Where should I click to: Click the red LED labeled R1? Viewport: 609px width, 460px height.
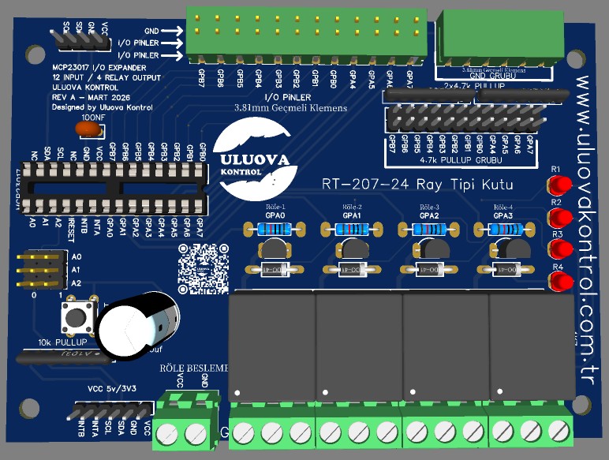tap(560, 186)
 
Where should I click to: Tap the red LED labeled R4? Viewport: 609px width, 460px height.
tap(560, 281)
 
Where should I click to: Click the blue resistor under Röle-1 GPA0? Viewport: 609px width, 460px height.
tap(274, 229)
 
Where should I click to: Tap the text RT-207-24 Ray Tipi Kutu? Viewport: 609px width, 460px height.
tap(417, 185)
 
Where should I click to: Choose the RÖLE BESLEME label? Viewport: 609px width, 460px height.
tap(194, 368)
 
